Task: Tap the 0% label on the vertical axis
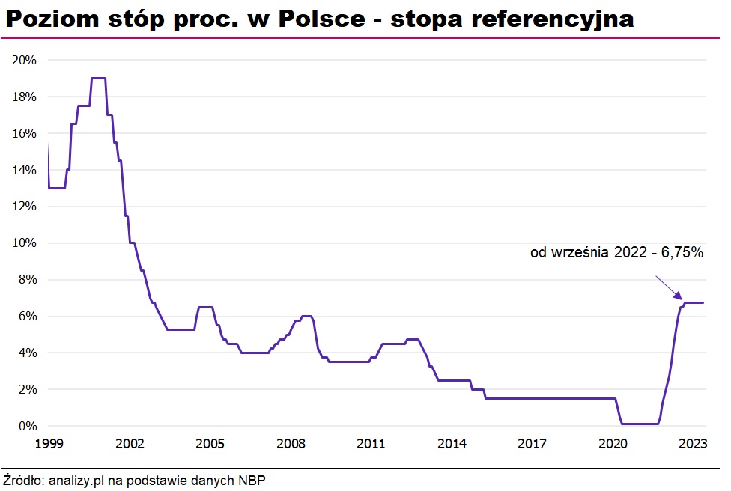click(x=27, y=426)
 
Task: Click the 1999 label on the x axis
click(x=49, y=443)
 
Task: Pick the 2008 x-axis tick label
click(x=291, y=443)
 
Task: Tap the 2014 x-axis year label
click(x=452, y=443)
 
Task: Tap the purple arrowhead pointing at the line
click(x=676, y=298)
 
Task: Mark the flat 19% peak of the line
click(x=97, y=78)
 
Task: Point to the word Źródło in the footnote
click(x=22, y=479)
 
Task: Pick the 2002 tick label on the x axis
click(x=130, y=443)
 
